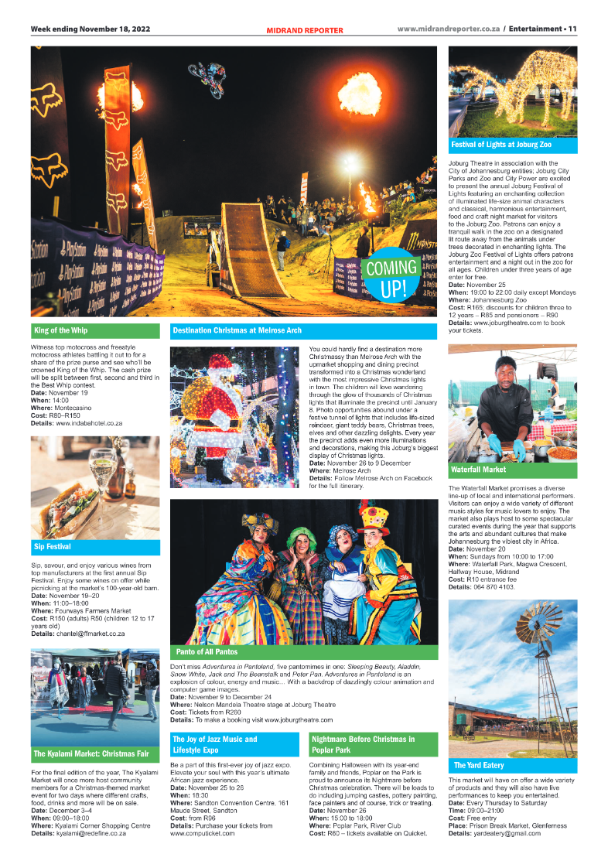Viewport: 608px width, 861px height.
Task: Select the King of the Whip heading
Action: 60,330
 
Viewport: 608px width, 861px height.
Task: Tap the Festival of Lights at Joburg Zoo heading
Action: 500,145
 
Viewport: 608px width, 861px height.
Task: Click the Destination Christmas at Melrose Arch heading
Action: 237,330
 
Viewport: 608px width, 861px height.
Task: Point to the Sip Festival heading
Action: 53,546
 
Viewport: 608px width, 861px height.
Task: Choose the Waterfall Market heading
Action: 478,469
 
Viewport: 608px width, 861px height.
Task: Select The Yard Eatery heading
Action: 479,765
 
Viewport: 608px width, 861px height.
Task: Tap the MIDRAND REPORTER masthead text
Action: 304,30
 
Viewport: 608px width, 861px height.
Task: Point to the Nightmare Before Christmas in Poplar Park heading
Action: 362,744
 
